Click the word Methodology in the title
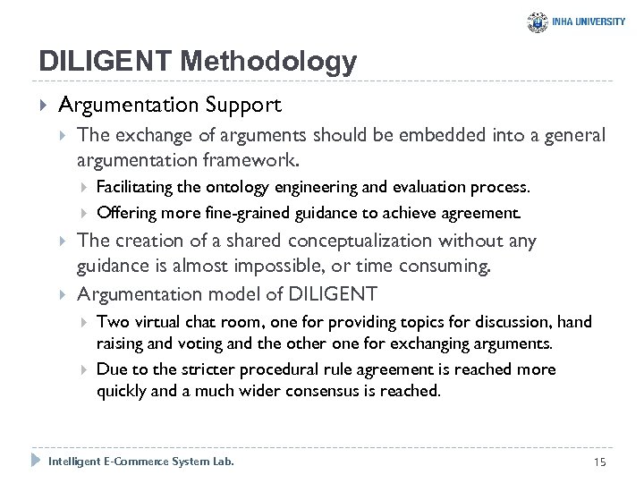267,62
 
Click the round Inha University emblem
538,22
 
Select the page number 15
599,461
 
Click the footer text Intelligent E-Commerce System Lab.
141,461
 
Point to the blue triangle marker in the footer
36,461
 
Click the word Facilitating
135,188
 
